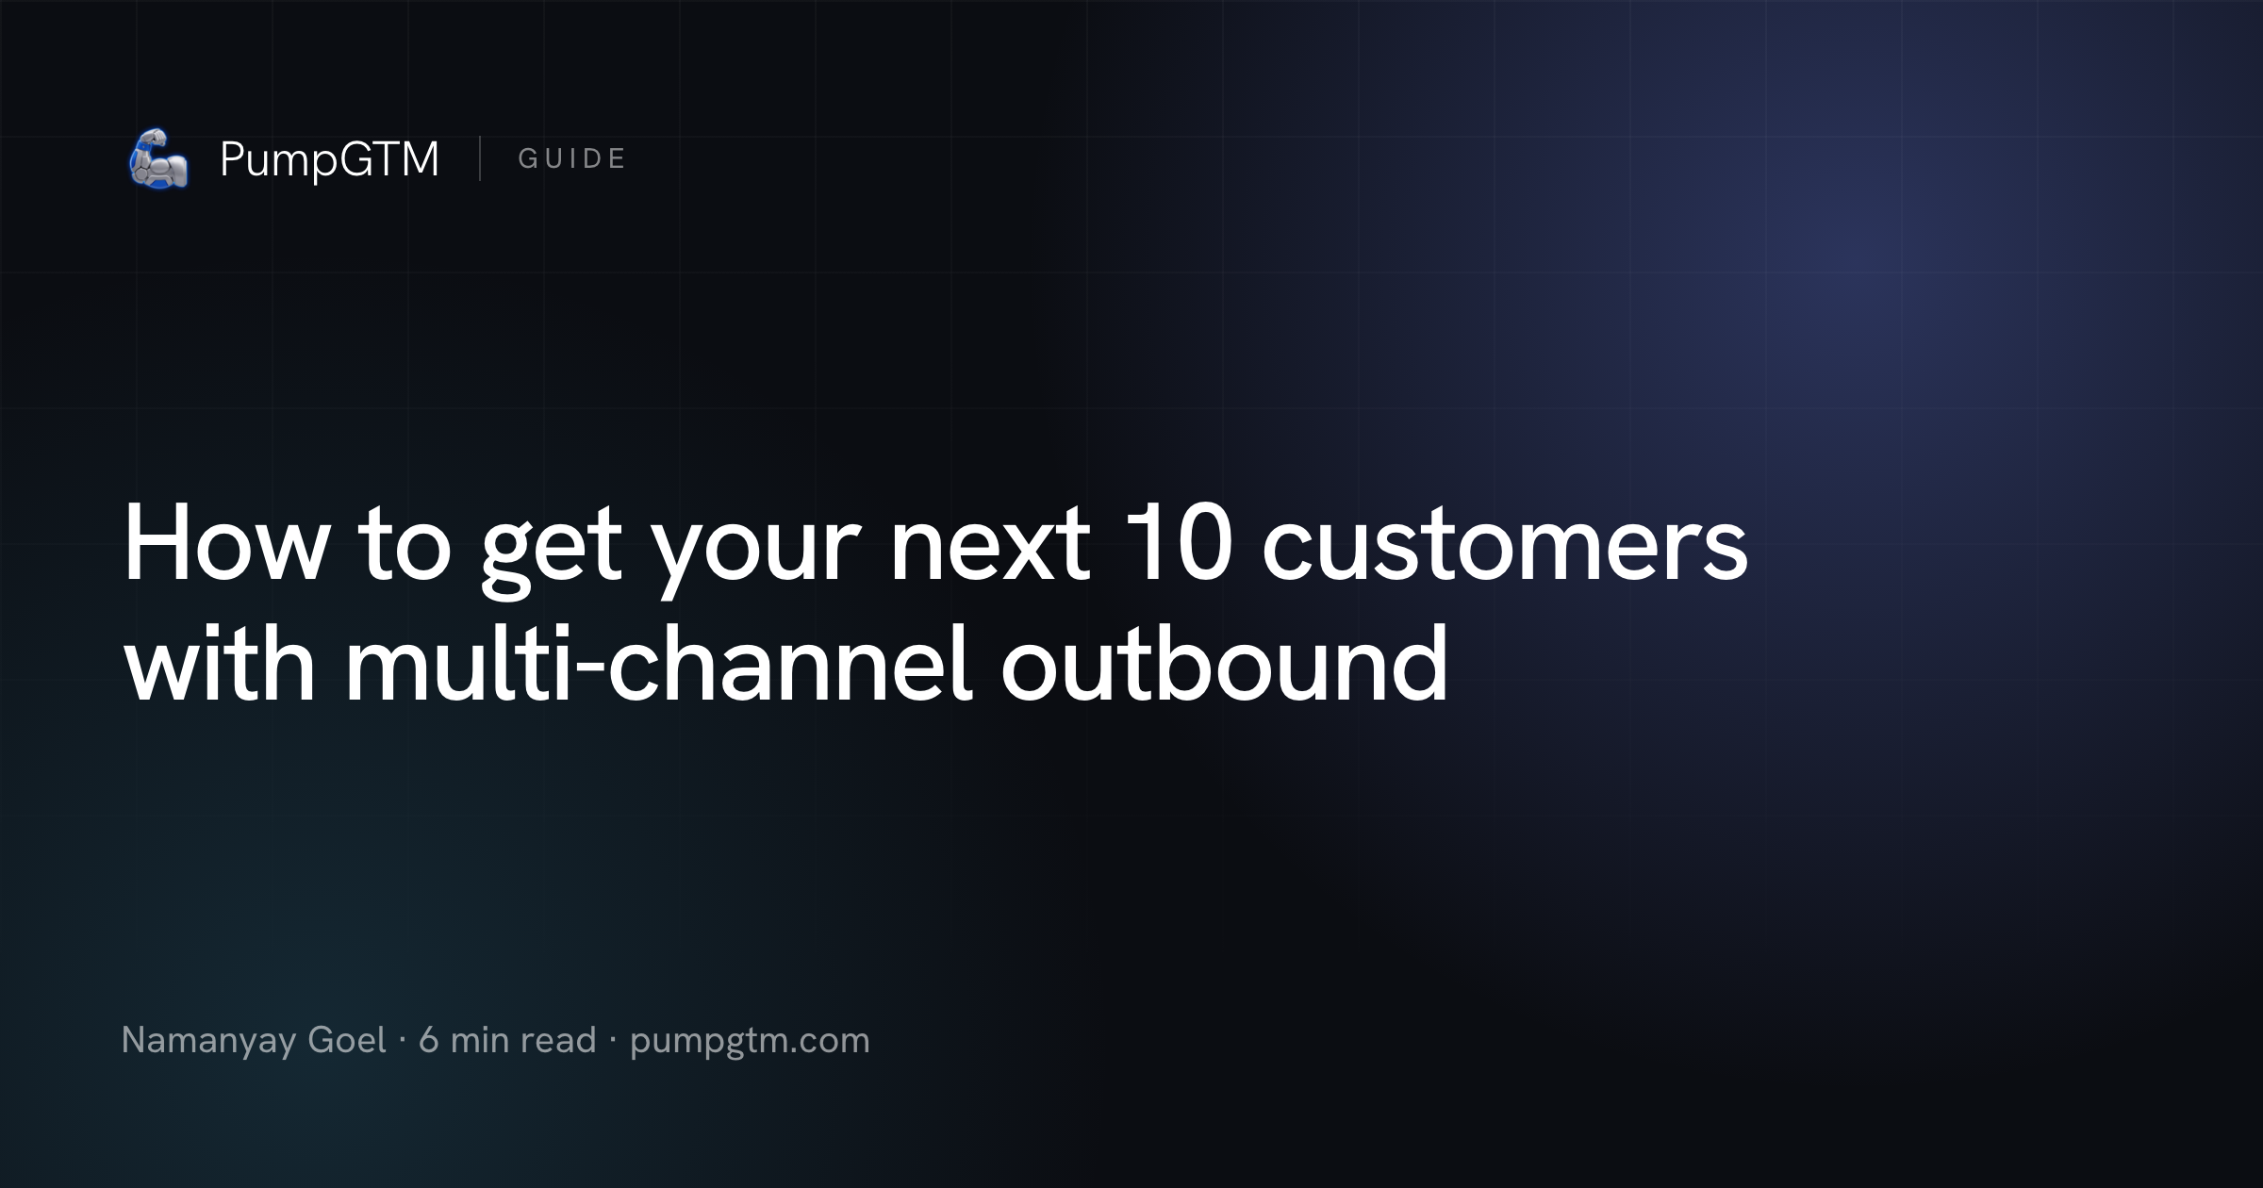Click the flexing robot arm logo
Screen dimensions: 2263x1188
158,158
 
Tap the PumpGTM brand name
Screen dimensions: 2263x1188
329,159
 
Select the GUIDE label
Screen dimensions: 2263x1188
571,158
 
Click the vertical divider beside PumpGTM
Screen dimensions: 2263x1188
480,158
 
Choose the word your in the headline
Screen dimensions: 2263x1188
757,556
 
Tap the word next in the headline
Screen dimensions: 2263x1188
990,549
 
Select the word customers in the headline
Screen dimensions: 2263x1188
1505,549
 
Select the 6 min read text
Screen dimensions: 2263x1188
507,1040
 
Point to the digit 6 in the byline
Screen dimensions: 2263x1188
429,1040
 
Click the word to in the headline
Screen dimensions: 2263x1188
405,549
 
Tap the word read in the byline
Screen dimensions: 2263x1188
558,1040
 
